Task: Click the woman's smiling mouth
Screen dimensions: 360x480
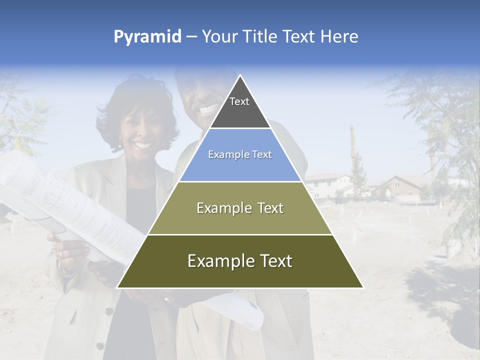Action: [x=142, y=145]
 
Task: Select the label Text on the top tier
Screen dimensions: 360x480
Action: [x=239, y=101]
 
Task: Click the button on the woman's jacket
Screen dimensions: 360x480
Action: [x=108, y=311]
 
